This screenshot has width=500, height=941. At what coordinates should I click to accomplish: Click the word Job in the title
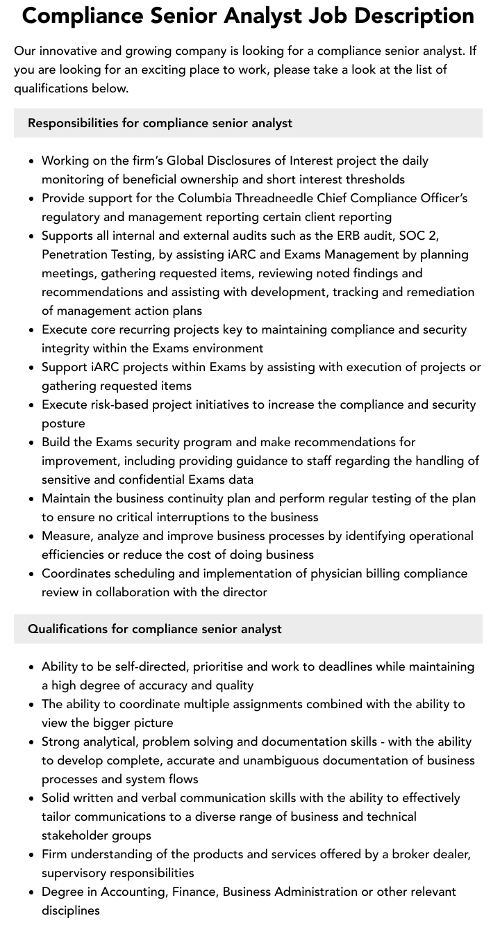(x=362, y=15)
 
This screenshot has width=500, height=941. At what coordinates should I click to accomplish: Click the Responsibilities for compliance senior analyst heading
(x=160, y=123)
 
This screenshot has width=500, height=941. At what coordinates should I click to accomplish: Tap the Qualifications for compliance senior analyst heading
(x=154, y=629)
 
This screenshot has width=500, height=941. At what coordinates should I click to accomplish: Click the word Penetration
(x=76, y=254)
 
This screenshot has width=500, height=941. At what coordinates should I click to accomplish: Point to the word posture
(x=63, y=423)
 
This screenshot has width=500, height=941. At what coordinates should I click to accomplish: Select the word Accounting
(x=132, y=892)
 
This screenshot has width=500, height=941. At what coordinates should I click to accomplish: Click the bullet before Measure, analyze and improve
(x=32, y=537)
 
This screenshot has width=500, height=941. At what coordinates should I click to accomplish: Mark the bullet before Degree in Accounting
(x=32, y=892)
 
